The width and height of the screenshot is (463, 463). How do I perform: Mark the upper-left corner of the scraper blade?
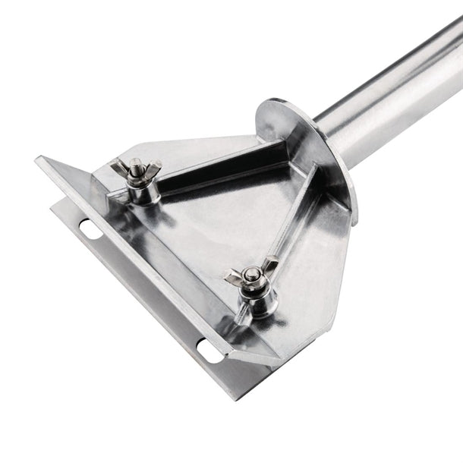tap(38, 159)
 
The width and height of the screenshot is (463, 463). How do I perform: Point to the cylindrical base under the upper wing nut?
tap(141, 190)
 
